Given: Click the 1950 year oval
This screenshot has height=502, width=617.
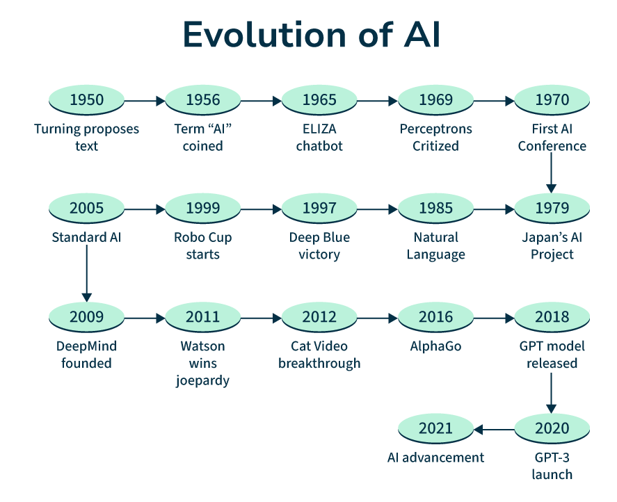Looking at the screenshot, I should [86, 100].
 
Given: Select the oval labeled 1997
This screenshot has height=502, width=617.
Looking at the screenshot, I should [319, 208].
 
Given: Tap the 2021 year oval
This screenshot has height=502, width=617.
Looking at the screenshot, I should [435, 428].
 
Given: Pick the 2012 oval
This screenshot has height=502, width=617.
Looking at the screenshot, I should [319, 317].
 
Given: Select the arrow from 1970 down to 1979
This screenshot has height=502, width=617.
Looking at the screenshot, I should [552, 172].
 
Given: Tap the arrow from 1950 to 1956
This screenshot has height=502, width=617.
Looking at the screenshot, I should [145, 100].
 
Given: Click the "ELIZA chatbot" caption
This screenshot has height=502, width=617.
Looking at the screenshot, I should [319, 138].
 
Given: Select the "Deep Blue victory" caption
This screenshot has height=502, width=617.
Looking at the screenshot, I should [319, 246].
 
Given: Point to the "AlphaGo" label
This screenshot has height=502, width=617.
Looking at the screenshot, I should [435, 346].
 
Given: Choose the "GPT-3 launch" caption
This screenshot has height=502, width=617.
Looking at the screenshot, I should [552, 466].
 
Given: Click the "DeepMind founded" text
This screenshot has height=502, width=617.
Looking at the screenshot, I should [86, 355].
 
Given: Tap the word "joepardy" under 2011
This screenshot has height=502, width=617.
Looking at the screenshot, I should [202, 380].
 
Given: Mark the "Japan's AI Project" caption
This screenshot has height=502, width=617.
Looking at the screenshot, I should [552, 246].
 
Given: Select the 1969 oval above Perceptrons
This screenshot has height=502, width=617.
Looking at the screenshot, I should [435, 100].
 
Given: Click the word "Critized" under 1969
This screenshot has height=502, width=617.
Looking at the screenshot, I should [435, 146].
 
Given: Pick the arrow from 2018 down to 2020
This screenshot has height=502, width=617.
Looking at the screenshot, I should [552, 393].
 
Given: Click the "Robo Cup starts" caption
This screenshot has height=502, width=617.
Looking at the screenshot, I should [202, 246].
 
